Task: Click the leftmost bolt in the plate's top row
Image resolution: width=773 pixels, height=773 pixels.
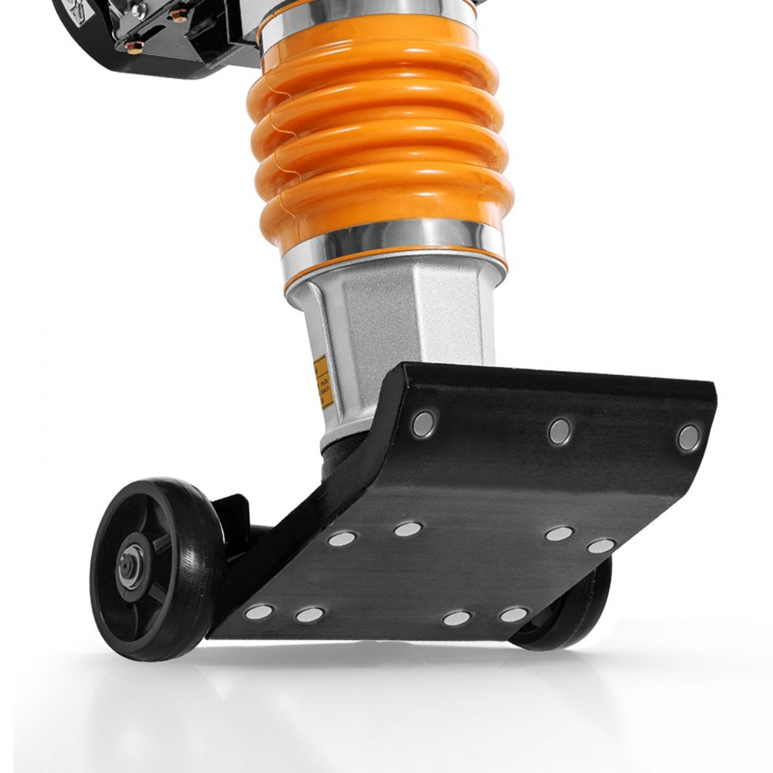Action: [x=423, y=422]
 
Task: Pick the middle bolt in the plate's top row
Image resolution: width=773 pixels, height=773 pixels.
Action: [x=560, y=431]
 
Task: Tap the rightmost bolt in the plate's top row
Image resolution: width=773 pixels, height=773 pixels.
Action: [x=688, y=438]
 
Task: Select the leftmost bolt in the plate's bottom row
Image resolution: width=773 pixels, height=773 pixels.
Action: [x=259, y=612]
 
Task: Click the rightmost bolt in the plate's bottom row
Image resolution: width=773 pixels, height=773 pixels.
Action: [x=513, y=615]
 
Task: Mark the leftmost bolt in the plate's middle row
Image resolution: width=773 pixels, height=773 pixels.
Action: [x=342, y=538]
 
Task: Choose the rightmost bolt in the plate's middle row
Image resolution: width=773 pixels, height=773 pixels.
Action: [x=601, y=546]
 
